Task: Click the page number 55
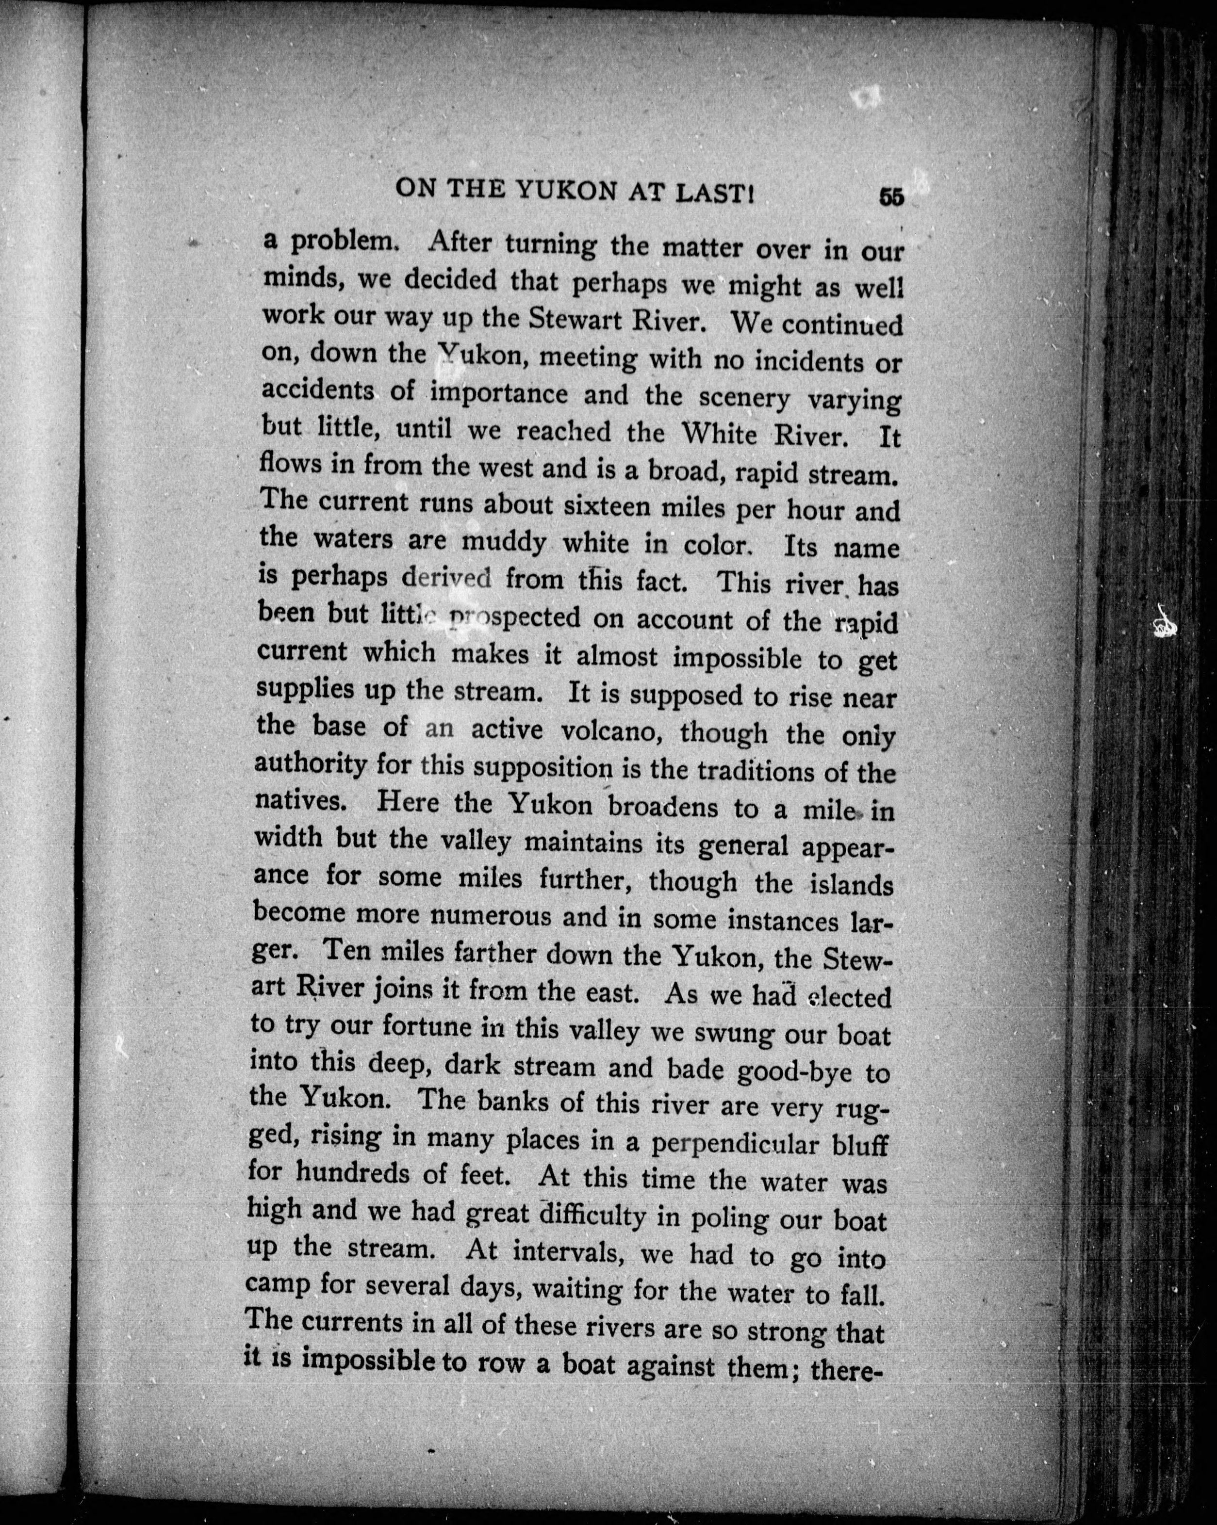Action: (x=891, y=196)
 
